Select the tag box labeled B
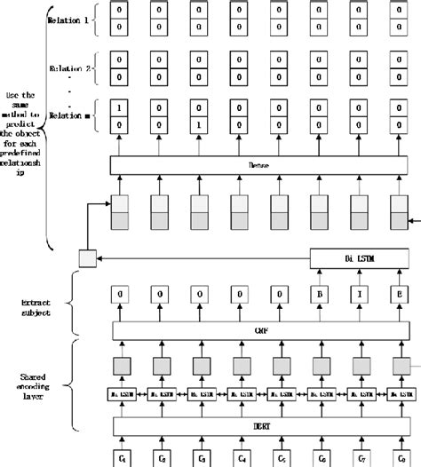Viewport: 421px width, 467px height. pyautogui.click(x=320, y=295)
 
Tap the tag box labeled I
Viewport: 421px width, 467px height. pyautogui.click(x=361, y=295)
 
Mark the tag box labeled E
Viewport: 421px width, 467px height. pyautogui.click(x=401, y=295)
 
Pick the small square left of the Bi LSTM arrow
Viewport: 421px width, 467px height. pyautogui.click(x=85, y=258)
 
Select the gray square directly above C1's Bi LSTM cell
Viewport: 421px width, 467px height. pyautogui.click(x=121, y=364)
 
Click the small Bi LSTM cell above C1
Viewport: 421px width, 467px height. pyautogui.click(x=121, y=392)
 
